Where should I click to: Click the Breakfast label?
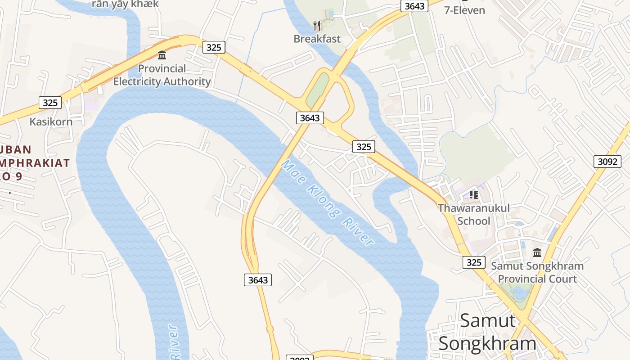[x=317, y=39]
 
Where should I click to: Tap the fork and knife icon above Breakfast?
[x=317, y=25]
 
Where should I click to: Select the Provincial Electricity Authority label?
[x=162, y=75]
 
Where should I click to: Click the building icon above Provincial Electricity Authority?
[x=162, y=55]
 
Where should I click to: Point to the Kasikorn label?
[x=51, y=121]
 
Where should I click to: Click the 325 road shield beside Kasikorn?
[x=50, y=103]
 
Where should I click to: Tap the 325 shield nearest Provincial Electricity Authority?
[x=214, y=47]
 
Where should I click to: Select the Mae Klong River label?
[x=327, y=203]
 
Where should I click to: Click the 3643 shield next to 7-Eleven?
[x=414, y=6]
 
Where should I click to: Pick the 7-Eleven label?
[x=465, y=10]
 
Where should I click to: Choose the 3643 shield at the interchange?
[x=310, y=118]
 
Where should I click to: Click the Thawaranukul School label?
[x=474, y=214]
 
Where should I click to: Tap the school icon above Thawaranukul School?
[x=474, y=195]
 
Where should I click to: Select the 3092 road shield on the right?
[x=607, y=162]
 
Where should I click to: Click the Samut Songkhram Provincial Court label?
[x=537, y=272]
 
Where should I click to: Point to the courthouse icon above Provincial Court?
[x=537, y=252]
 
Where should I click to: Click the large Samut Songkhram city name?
[x=488, y=332]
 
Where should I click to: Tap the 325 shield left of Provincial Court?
[x=474, y=262]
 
